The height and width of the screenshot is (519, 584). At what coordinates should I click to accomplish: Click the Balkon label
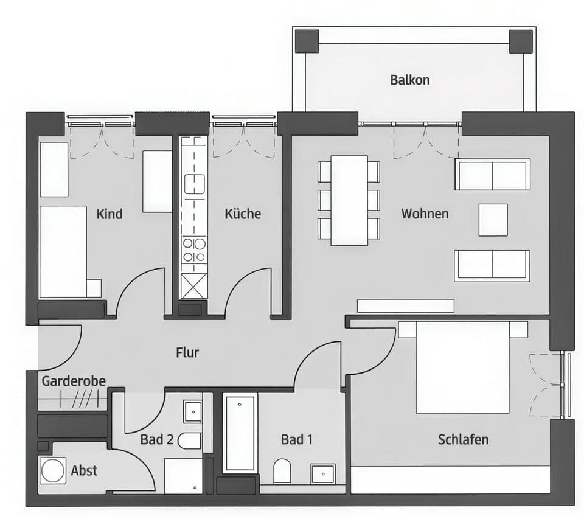click(x=409, y=80)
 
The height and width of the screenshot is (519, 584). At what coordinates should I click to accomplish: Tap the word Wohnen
click(x=425, y=214)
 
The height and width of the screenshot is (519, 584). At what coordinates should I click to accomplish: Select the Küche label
click(x=242, y=214)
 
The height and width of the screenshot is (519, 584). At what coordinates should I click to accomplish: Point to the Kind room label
click(x=109, y=214)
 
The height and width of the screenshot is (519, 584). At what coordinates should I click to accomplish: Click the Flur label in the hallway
click(x=187, y=352)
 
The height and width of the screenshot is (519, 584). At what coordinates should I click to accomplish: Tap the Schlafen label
click(x=463, y=439)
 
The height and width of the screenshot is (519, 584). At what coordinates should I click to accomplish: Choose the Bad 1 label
click(x=297, y=439)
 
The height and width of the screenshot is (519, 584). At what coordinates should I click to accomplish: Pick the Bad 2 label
click(x=156, y=439)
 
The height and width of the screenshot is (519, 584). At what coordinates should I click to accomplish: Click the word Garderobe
click(x=74, y=381)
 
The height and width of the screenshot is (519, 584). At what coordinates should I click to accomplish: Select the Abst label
click(x=84, y=470)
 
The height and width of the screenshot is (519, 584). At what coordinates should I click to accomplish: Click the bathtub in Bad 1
click(x=240, y=433)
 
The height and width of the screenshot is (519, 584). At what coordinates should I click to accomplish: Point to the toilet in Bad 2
click(x=190, y=441)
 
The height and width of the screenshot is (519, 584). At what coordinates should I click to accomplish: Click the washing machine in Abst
click(x=52, y=470)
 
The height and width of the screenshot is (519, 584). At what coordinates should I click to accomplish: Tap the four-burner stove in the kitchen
click(x=194, y=250)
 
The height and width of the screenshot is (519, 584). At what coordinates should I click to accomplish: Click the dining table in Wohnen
click(x=349, y=200)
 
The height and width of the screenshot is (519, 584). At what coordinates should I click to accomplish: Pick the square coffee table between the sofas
click(x=493, y=220)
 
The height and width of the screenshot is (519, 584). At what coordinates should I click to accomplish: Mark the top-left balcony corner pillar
click(x=307, y=41)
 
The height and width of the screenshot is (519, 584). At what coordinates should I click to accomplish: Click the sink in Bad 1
click(x=322, y=473)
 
